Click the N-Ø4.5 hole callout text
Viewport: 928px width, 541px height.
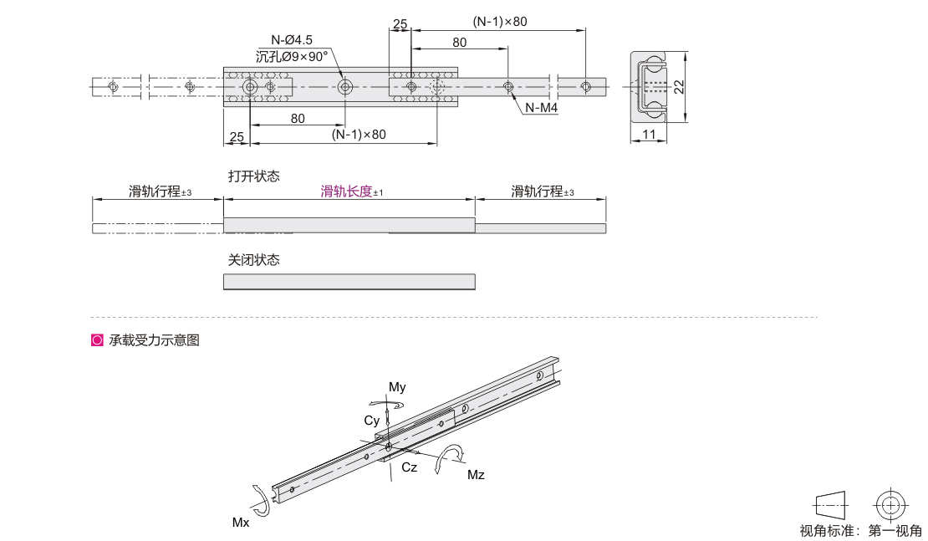tap(291, 40)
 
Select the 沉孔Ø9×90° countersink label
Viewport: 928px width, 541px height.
tap(291, 57)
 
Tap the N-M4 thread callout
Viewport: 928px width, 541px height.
tap(542, 108)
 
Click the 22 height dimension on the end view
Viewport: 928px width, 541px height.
tap(679, 86)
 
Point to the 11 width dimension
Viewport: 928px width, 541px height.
tap(650, 135)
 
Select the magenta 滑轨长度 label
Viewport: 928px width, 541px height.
tap(346, 191)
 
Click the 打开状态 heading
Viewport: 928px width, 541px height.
tap(254, 176)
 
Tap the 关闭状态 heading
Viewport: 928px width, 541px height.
tap(254, 259)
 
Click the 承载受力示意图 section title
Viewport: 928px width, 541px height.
tap(154, 340)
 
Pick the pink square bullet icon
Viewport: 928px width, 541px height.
tap(97, 340)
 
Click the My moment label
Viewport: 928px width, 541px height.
tap(397, 387)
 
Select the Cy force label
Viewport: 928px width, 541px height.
tap(372, 421)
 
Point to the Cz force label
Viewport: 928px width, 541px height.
tap(409, 467)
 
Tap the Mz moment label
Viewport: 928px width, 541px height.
tap(476, 475)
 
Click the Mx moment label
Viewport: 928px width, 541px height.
tap(241, 522)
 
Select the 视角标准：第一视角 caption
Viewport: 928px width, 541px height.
tap(860, 530)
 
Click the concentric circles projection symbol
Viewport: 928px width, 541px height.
tap(890, 506)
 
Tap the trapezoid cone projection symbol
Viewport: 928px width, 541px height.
tap(831, 506)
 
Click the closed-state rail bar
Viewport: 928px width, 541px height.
tap(349, 282)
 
